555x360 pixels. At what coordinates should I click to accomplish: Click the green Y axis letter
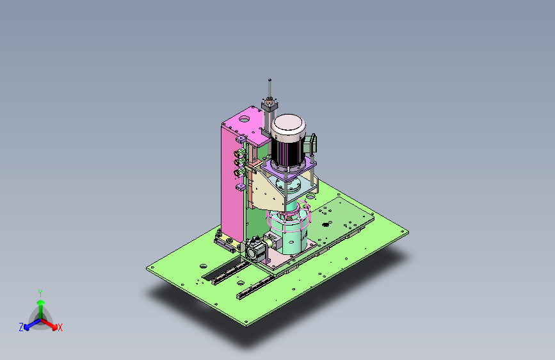tap(40, 291)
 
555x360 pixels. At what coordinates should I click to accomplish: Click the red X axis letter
tap(60, 327)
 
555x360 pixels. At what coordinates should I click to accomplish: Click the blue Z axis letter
tap(21, 327)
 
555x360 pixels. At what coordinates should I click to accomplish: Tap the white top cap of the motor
tap(287, 126)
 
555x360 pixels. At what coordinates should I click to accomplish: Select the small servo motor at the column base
tap(256, 250)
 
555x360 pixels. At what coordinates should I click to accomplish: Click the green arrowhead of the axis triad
tap(40, 302)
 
